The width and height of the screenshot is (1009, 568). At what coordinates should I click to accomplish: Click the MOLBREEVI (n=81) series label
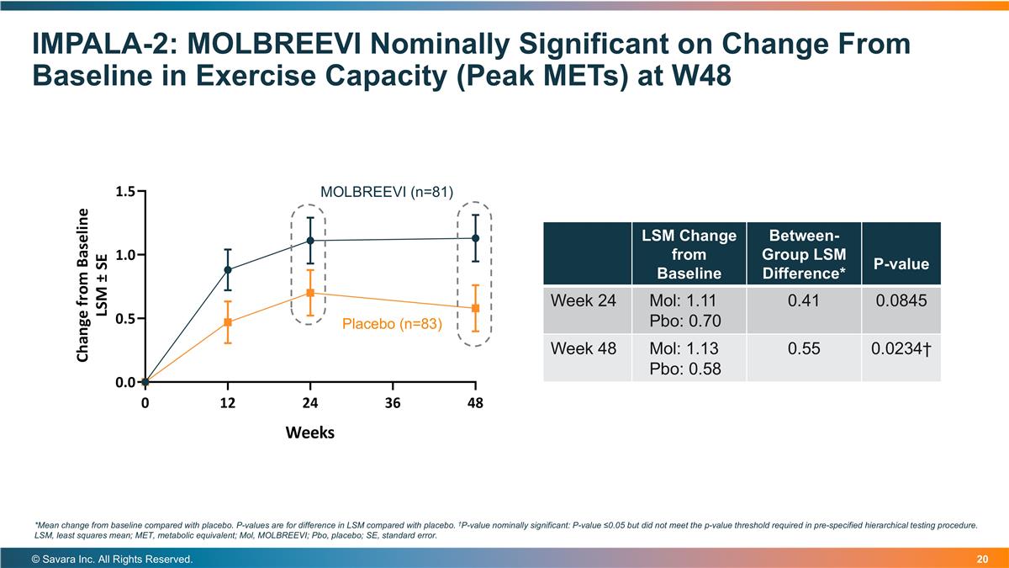(387, 193)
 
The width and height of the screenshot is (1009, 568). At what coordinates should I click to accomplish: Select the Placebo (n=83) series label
(392, 323)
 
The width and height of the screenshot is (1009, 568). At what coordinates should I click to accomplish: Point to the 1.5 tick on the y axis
(126, 192)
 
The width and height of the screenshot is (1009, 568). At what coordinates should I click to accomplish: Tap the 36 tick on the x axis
(393, 403)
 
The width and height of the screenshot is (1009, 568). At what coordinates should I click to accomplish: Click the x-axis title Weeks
(310, 433)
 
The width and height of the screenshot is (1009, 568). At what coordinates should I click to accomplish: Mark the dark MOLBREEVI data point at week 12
(228, 270)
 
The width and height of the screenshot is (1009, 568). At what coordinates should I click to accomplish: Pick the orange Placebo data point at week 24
(310, 293)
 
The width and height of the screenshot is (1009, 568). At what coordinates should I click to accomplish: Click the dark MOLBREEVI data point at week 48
(475, 238)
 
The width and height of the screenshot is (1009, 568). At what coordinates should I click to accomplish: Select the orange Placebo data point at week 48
(475, 308)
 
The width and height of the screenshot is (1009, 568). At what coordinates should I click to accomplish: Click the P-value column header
(901, 264)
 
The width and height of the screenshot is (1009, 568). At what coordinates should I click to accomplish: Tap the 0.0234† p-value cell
(901, 348)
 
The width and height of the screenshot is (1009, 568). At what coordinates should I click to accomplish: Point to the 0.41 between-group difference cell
(804, 300)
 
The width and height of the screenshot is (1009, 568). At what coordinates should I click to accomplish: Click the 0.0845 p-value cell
(901, 300)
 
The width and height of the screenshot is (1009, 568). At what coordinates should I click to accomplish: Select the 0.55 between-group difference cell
(804, 348)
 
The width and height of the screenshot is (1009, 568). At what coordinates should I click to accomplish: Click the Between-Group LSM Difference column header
(804, 252)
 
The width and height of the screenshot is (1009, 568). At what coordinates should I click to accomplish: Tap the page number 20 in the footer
(982, 560)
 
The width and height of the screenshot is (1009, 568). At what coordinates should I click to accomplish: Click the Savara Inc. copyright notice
(113, 560)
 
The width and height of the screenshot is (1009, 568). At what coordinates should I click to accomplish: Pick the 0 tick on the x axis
(145, 403)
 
